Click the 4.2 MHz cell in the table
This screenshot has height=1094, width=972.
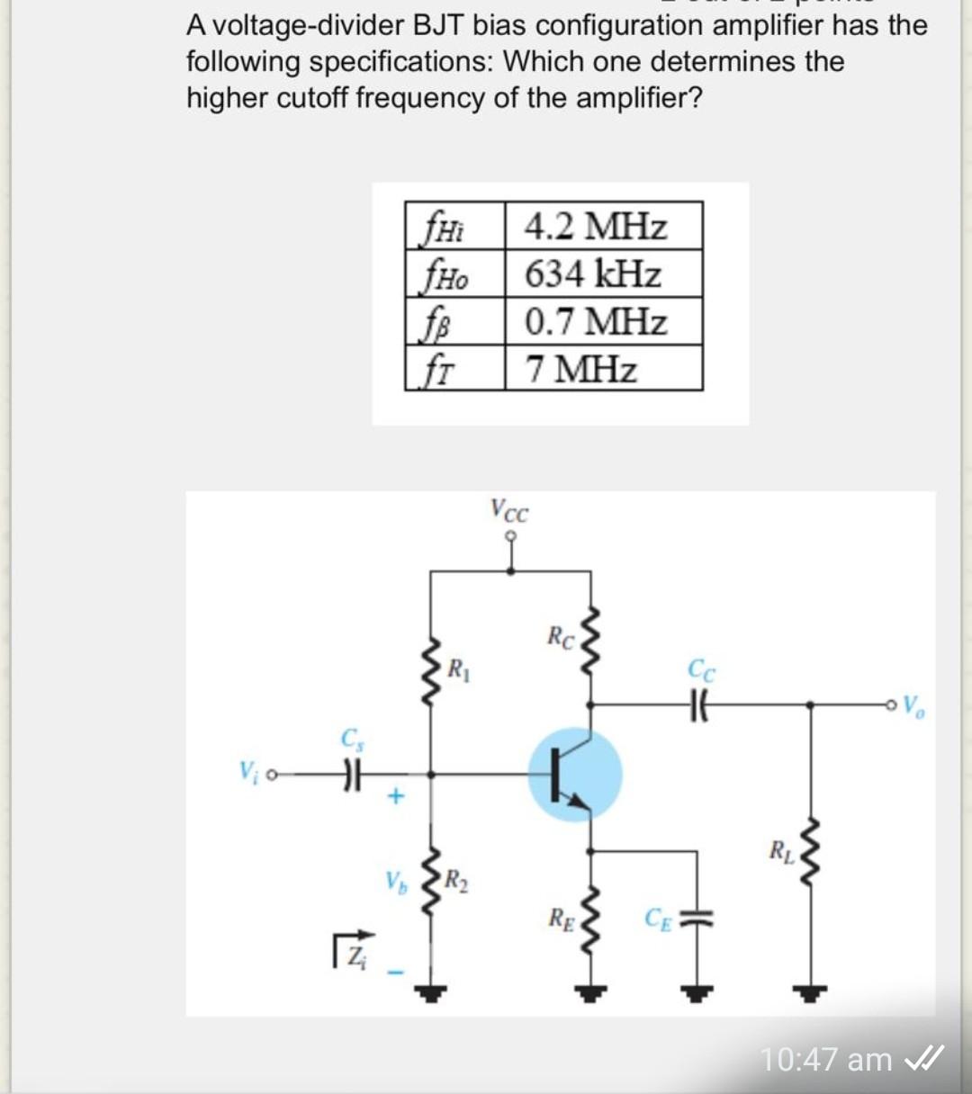pos(596,226)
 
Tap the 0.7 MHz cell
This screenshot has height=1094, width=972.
pos(596,321)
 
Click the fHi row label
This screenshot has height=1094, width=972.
pos(444,226)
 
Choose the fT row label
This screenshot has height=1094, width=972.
pos(440,369)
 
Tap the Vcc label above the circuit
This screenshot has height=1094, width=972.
pos(509,510)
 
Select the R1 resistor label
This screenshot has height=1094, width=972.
pos(458,669)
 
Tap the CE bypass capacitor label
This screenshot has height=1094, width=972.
pos(658,919)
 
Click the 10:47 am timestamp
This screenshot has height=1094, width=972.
pos(826,1059)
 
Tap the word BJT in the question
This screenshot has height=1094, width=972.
pos(440,25)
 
